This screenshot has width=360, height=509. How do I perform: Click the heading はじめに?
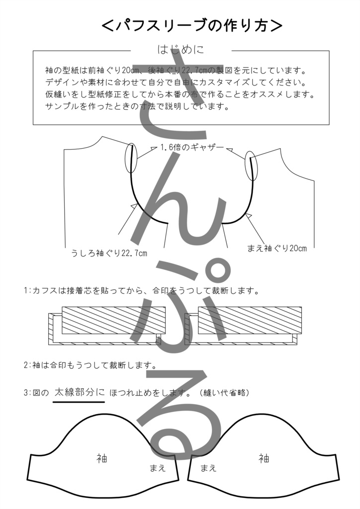[x=180, y=50]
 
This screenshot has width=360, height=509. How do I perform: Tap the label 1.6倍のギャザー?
[x=192, y=148]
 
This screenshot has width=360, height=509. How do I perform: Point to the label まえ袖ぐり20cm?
[x=277, y=248]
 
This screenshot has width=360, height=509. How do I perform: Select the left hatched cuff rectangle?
[x=113, y=320]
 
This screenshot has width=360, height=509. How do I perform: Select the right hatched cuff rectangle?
[x=250, y=320]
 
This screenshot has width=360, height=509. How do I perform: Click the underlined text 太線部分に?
[x=79, y=392]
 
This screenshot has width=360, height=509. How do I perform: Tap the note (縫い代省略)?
[x=223, y=393]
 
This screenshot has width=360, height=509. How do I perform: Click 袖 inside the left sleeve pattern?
[x=101, y=458]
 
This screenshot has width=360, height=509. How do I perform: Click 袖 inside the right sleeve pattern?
[x=264, y=458]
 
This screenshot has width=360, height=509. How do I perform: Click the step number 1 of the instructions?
[x=25, y=290]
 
